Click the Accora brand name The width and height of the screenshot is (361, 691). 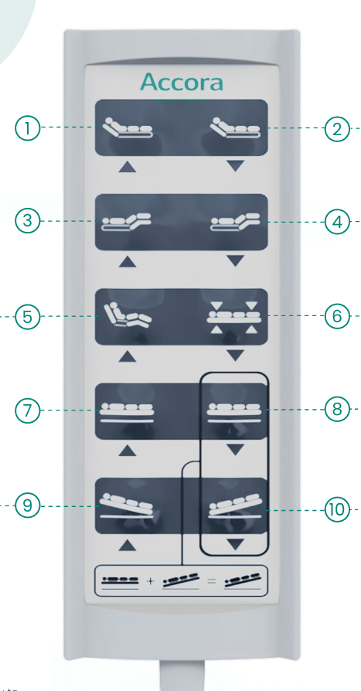pyautogui.click(x=181, y=83)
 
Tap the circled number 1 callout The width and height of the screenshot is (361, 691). pyautogui.click(x=27, y=128)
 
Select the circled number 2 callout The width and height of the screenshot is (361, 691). pyautogui.click(x=337, y=129)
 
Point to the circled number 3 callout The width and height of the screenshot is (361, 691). pyautogui.click(x=27, y=220)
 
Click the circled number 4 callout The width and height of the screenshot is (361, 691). pyautogui.click(x=337, y=222)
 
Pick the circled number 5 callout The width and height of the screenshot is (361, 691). pyautogui.click(x=27, y=317)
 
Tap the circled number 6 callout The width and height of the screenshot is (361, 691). pyautogui.click(x=337, y=316)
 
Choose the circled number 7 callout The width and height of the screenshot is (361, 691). pyautogui.click(x=27, y=410)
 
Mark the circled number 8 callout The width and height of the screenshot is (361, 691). pyautogui.click(x=337, y=410)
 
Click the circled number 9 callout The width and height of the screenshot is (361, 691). pyautogui.click(x=27, y=506)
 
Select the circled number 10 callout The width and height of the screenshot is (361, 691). pyautogui.click(x=337, y=510)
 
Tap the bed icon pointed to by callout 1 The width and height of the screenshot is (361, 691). pyautogui.click(x=128, y=128)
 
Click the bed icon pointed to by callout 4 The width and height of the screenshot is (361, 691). pyautogui.click(x=235, y=222)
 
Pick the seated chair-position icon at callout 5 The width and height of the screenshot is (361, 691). pyautogui.click(x=128, y=315)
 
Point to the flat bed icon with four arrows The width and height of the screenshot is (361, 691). pyautogui.click(x=234, y=317)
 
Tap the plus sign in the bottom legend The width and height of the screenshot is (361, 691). pyautogui.click(x=150, y=580)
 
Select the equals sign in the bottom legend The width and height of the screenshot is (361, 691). pyautogui.click(x=212, y=580)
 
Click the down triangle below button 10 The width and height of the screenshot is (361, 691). pyautogui.click(x=236, y=545)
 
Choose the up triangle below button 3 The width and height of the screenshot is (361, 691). pyautogui.click(x=128, y=262)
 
